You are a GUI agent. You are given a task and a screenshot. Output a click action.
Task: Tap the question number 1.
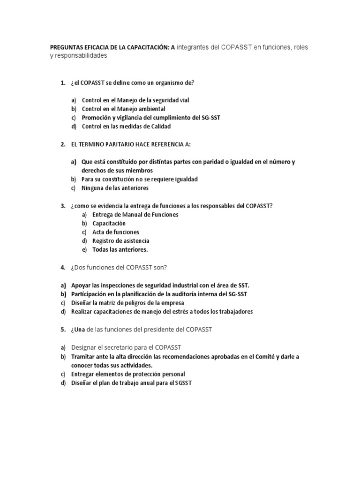[x=63, y=83]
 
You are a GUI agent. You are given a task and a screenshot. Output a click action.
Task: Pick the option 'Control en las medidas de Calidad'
[x=126, y=126]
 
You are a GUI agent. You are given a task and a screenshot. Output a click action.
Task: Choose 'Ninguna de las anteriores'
[x=115, y=188]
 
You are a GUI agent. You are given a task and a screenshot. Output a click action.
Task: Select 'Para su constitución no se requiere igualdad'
[x=139, y=179]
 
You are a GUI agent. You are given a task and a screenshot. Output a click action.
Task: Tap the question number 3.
[x=63, y=206]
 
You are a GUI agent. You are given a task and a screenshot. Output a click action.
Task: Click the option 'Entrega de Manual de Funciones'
[x=135, y=215]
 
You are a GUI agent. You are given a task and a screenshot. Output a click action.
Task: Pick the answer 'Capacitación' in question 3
[x=109, y=223]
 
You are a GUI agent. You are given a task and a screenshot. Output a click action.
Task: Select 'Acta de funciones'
[x=115, y=232]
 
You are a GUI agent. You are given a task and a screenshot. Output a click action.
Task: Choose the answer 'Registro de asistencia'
[x=121, y=240]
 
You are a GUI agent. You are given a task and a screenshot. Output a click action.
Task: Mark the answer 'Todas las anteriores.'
[x=120, y=249]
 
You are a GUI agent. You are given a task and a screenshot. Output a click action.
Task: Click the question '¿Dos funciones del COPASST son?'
[x=119, y=267]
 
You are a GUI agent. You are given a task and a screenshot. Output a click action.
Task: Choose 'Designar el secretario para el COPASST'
[x=126, y=347]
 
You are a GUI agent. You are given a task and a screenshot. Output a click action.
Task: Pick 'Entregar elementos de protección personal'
[x=128, y=374]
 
